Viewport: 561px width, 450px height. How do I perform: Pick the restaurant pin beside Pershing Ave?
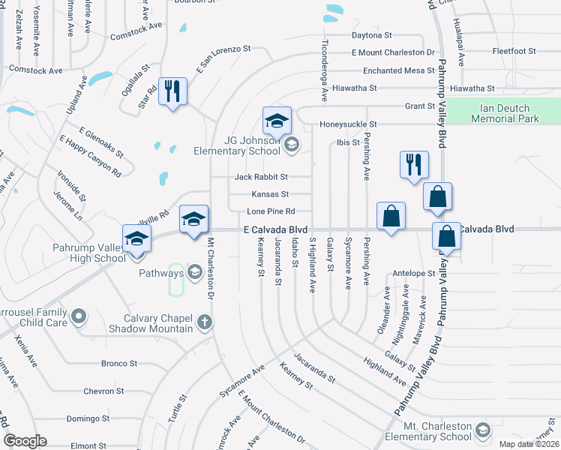tap(414, 165)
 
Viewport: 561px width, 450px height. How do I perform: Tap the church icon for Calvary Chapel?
tap(204, 322)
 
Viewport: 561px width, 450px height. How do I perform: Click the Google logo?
tap(25, 441)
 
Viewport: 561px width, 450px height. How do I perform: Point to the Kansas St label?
tap(269, 194)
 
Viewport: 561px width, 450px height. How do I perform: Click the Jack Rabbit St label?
tap(261, 177)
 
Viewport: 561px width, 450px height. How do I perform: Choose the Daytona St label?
tap(372, 35)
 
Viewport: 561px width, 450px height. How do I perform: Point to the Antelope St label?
tap(414, 273)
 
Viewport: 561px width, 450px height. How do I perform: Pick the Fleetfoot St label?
tap(514, 52)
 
